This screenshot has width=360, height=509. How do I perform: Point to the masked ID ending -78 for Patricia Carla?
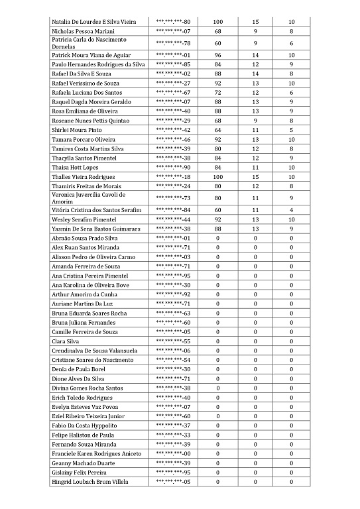pos(173,43)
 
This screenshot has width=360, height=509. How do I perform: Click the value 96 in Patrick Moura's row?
pos(217,54)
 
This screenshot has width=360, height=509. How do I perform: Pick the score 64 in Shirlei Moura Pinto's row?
pos(217,130)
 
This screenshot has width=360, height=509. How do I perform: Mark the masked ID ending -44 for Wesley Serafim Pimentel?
pos(173,219)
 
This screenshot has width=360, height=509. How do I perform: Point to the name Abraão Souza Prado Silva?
pos(84,238)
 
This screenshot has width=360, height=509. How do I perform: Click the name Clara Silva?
pos(65,341)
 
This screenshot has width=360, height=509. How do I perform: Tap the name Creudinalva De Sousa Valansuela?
pos(94,351)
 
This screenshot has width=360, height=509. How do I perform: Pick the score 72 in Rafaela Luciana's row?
pos(217,92)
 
